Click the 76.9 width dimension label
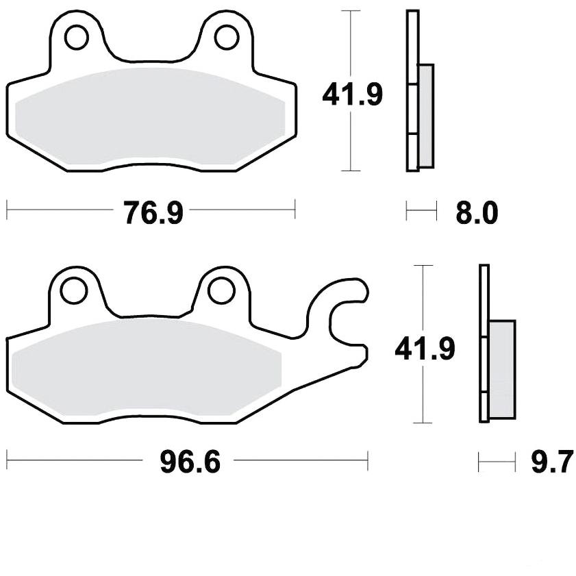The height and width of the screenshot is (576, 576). [x=153, y=213]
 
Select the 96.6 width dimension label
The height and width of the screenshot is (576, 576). [x=190, y=462]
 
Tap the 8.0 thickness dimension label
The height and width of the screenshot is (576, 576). [x=477, y=213]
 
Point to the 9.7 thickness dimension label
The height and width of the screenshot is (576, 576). [x=552, y=462]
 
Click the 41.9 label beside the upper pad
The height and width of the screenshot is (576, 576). [x=352, y=95]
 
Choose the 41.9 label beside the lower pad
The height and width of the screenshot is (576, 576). [x=425, y=349]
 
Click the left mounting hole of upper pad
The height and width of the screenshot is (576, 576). [x=77, y=37]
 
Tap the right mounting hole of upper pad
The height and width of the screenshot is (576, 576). [x=227, y=37]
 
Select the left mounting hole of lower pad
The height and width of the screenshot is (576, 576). [x=74, y=290]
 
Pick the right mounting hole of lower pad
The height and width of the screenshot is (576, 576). [x=221, y=290]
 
